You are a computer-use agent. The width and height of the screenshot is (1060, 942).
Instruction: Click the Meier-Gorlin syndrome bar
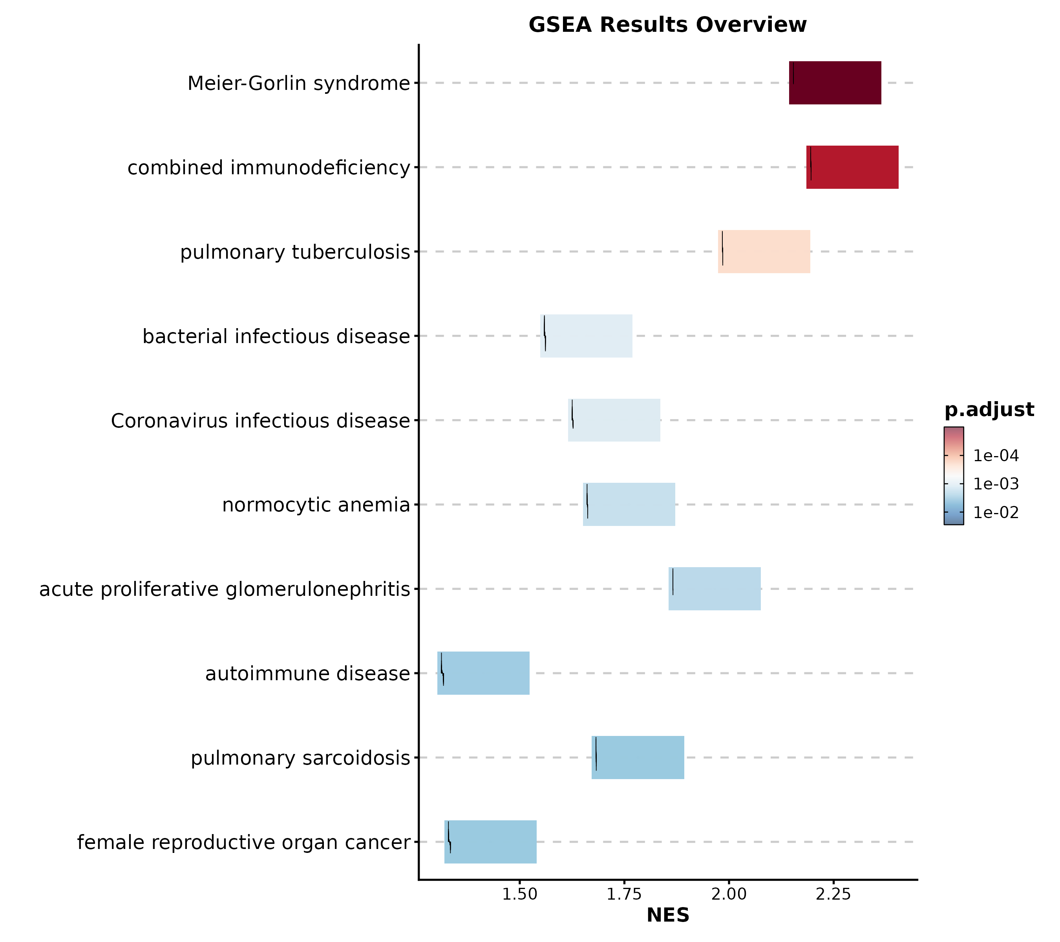[x=835, y=83]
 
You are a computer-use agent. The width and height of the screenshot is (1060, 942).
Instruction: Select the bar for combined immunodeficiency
[x=852, y=168]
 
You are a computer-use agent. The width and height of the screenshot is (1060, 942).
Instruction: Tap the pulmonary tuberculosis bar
[x=764, y=252]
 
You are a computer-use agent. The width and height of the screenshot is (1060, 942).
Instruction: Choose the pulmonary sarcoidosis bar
[x=638, y=758]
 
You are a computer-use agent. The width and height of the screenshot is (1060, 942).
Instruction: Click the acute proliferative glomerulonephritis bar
[x=715, y=588]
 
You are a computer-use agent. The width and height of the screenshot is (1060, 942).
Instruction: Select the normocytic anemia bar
[x=629, y=504]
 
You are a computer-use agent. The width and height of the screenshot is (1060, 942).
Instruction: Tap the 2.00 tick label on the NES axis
[x=729, y=894]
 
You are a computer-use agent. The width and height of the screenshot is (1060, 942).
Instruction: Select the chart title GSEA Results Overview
[x=667, y=25]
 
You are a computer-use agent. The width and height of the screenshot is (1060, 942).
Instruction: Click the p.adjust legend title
[x=989, y=409]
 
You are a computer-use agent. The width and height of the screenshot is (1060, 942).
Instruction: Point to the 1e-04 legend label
[x=996, y=456]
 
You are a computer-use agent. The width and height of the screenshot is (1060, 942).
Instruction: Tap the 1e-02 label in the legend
[x=996, y=513]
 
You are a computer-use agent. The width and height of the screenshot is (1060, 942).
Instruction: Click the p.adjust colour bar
[x=954, y=476]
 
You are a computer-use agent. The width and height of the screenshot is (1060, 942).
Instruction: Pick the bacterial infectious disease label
[x=276, y=336]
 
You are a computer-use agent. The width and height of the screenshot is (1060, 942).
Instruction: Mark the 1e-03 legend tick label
[x=996, y=484]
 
